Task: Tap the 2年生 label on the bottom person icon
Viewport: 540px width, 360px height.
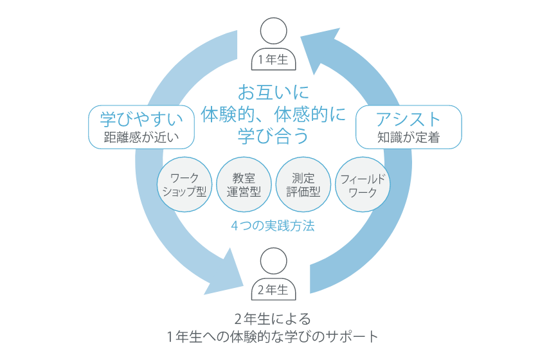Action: [273, 290]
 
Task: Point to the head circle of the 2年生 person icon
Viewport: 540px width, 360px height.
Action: [273, 261]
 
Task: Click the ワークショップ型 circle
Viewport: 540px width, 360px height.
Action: [184, 184]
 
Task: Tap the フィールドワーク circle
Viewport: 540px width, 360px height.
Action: [362, 184]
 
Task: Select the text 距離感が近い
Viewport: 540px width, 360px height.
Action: [141, 137]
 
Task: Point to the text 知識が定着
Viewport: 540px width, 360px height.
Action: [409, 137]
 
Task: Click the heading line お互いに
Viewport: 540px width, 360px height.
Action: [273, 90]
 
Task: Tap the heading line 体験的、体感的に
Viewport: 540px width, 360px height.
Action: [273, 114]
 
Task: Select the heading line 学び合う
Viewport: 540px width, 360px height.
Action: [273, 136]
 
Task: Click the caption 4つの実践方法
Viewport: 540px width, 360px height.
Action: [273, 226]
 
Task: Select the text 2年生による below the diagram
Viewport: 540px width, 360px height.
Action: [273, 319]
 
